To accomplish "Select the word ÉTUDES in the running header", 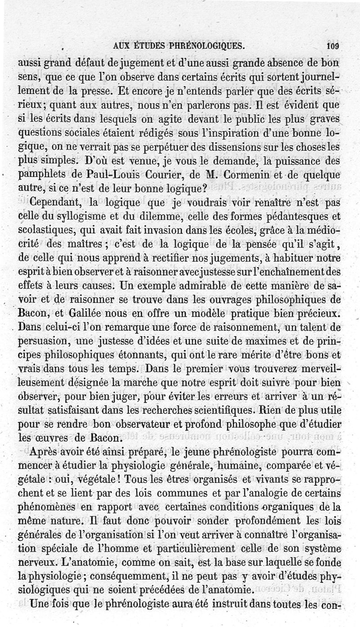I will pos(148,45).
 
